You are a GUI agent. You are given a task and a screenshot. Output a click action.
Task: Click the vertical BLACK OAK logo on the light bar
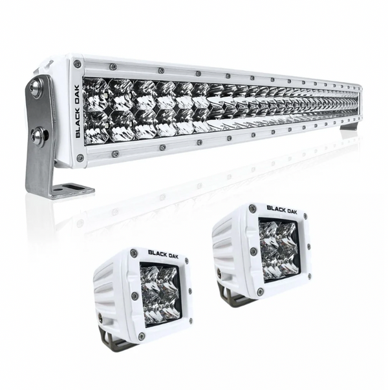click(x=77, y=111)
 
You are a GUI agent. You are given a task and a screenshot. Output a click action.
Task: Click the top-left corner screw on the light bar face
click(x=76, y=65)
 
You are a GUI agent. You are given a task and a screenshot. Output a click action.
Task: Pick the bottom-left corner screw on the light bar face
click(x=80, y=156)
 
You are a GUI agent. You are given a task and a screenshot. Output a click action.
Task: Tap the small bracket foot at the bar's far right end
click(x=349, y=127)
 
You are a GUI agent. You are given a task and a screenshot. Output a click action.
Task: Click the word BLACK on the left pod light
click(x=157, y=254)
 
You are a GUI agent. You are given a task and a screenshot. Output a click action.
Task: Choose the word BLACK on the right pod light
click(x=277, y=208)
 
